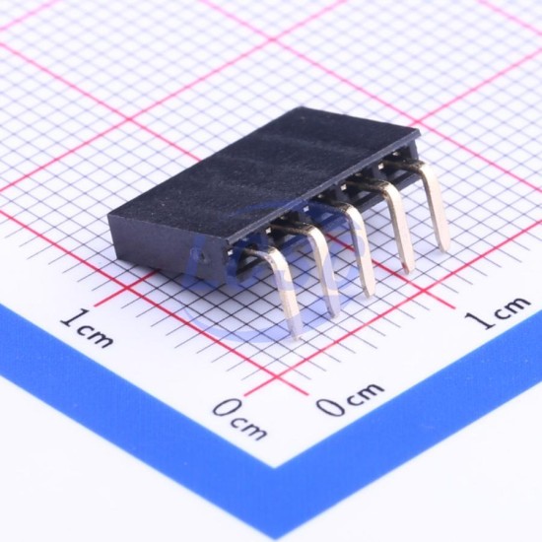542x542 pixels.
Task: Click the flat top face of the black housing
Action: (264, 172)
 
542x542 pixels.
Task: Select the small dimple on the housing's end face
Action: (201, 256)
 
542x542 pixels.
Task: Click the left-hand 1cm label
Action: (87, 329)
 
